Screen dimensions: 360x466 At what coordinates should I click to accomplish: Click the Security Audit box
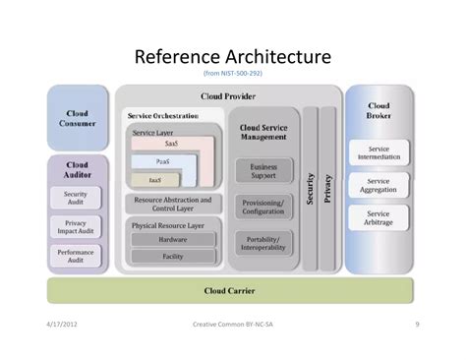[x=76, y=198]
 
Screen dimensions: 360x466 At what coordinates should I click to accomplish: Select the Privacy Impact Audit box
[x=76, y=227]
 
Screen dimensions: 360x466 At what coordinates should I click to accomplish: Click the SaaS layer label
[x=171, y=144]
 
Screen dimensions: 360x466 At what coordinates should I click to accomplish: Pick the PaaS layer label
[x=162, y=161]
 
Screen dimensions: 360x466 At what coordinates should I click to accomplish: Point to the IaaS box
[x=155, y=180]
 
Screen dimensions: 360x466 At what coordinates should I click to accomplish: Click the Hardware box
[x=173, y=239]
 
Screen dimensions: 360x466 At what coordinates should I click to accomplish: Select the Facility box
[x=173, y=256]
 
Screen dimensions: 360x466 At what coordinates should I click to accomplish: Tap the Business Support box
[x=263, y=171]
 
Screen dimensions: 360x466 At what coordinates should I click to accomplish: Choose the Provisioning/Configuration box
[x=263, y=206]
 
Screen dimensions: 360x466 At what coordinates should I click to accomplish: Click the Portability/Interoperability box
[x=263, y=242]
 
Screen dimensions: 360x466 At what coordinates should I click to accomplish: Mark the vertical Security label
[x=311, y=187]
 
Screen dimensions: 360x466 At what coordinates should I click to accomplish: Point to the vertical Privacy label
[x=328, y=187]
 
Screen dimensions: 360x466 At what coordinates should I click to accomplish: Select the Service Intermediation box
[x=379, y=153]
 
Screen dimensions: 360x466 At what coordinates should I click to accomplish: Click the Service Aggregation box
[x=379, y=186]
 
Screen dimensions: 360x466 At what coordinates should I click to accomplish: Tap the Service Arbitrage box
[x=379, y=217]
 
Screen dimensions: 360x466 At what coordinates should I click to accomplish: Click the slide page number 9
[x=417, y=323]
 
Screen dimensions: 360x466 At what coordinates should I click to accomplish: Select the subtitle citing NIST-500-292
[x=232, y=73]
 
